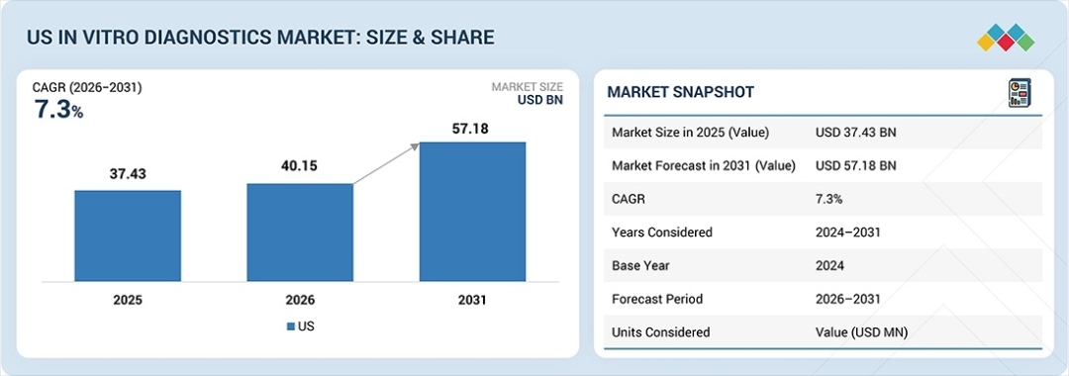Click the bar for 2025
[x=128, y=235]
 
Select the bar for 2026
[x=300, y=233]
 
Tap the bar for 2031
[x=472, y=211]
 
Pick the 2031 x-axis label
[x=472, y=300]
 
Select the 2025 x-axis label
[x=128, y=300]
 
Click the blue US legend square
[x=291, y=327]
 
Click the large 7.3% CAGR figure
[x=58, y=110]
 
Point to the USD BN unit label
[x=540, y=101]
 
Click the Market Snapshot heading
[x=680, y=92]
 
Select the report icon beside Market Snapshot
[x=1020, y=93]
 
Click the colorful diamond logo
[x=1006, y=38]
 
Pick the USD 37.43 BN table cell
[x=855, y=133]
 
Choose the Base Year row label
[x=640, y=265]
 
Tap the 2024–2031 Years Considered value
[x=848, y=233]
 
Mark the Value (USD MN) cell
[x=862, y=332]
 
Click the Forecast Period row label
[x=657, y=299]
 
